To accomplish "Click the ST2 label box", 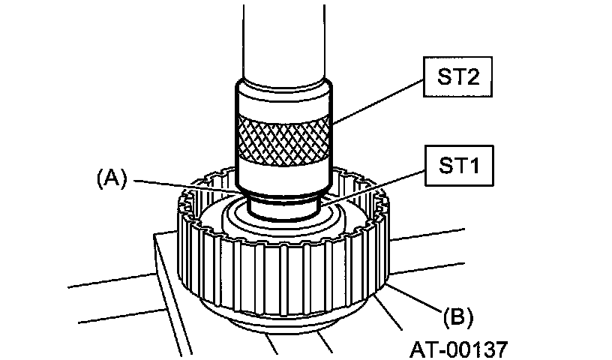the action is tap(457, 77).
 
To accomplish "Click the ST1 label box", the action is tap(459, 166).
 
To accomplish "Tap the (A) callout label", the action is tap(112, 179).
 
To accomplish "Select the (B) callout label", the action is tap(457, 316).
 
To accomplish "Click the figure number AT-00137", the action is tap(459, 349).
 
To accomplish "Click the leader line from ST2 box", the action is tap(377, 101).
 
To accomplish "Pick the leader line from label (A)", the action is tap(186, 186).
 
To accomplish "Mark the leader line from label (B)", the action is tap(414, 298).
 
